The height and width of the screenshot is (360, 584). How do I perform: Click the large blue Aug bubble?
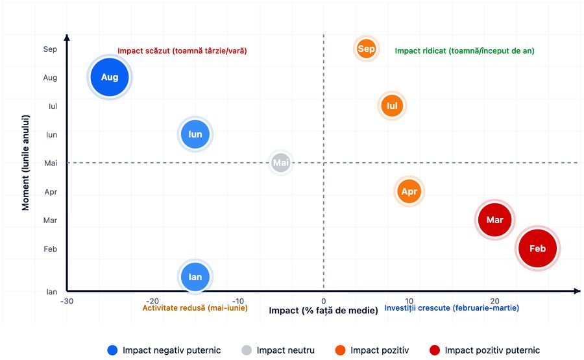pyautogui.click(x=110, y=77)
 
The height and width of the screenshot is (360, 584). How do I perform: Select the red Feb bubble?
pyautogui.click(x=537, y=248)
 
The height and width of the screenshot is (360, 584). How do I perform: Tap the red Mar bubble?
pyautogui.click(x=495, y=220)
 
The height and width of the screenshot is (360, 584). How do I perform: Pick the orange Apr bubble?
pyautogui.click(x=409, y=191)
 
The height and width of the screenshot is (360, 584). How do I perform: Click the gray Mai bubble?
pyautogui.click(x=281, y=163)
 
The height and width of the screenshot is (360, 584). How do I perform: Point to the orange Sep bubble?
pyautogui.click(x=367, y=49)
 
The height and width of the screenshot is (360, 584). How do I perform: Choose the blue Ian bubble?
pyautogui.click(x=195, y=277)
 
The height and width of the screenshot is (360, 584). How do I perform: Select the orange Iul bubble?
pyautogui.click(x=392, y=106)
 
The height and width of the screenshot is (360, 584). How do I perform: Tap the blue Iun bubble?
pyautogui.click(x=195, y=134)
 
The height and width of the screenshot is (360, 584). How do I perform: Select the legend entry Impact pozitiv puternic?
pyautogui.click(x=492, y=350)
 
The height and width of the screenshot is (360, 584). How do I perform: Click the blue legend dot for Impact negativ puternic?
pyautogui.click(x=112, y=350)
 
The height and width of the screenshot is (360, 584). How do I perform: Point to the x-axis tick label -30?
pyautogui.click(x=67, y=301)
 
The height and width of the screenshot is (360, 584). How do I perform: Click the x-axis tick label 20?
pyautogui.click(x=494, y=301)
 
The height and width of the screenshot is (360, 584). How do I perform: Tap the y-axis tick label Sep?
pyautogui.click(x=51, y=49)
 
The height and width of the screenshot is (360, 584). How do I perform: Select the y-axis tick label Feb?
pyautogui.click(x=51, y=248)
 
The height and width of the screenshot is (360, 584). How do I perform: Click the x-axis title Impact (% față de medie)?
pyautogui.click(x=323, y=311)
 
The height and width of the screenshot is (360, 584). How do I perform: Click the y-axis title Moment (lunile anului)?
pyautogui.click(x=27, y=163)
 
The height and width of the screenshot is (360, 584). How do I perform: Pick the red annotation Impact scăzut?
pyautogui.click(x=182, y=51)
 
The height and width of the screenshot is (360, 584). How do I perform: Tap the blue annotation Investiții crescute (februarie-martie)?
pyautogui.click(x=452, y=308)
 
